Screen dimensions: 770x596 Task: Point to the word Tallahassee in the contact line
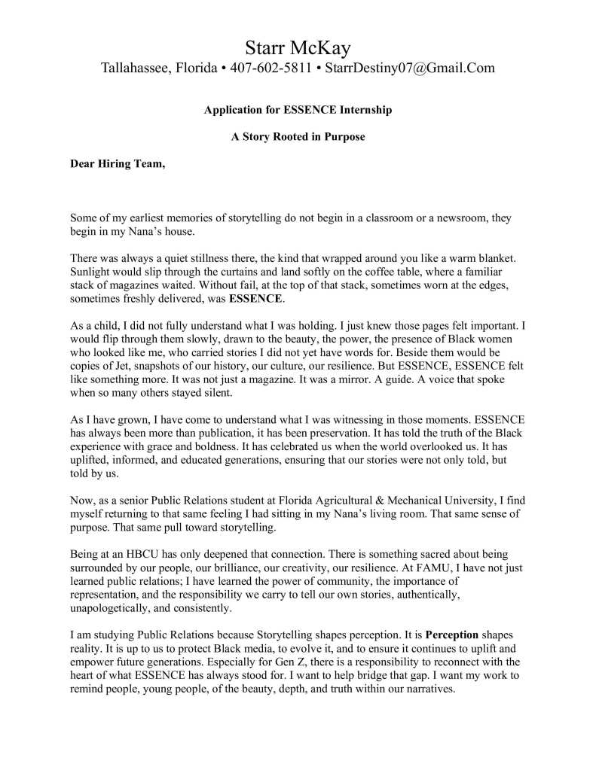coord(135,68)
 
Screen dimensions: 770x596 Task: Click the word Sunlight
coord(92,272)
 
